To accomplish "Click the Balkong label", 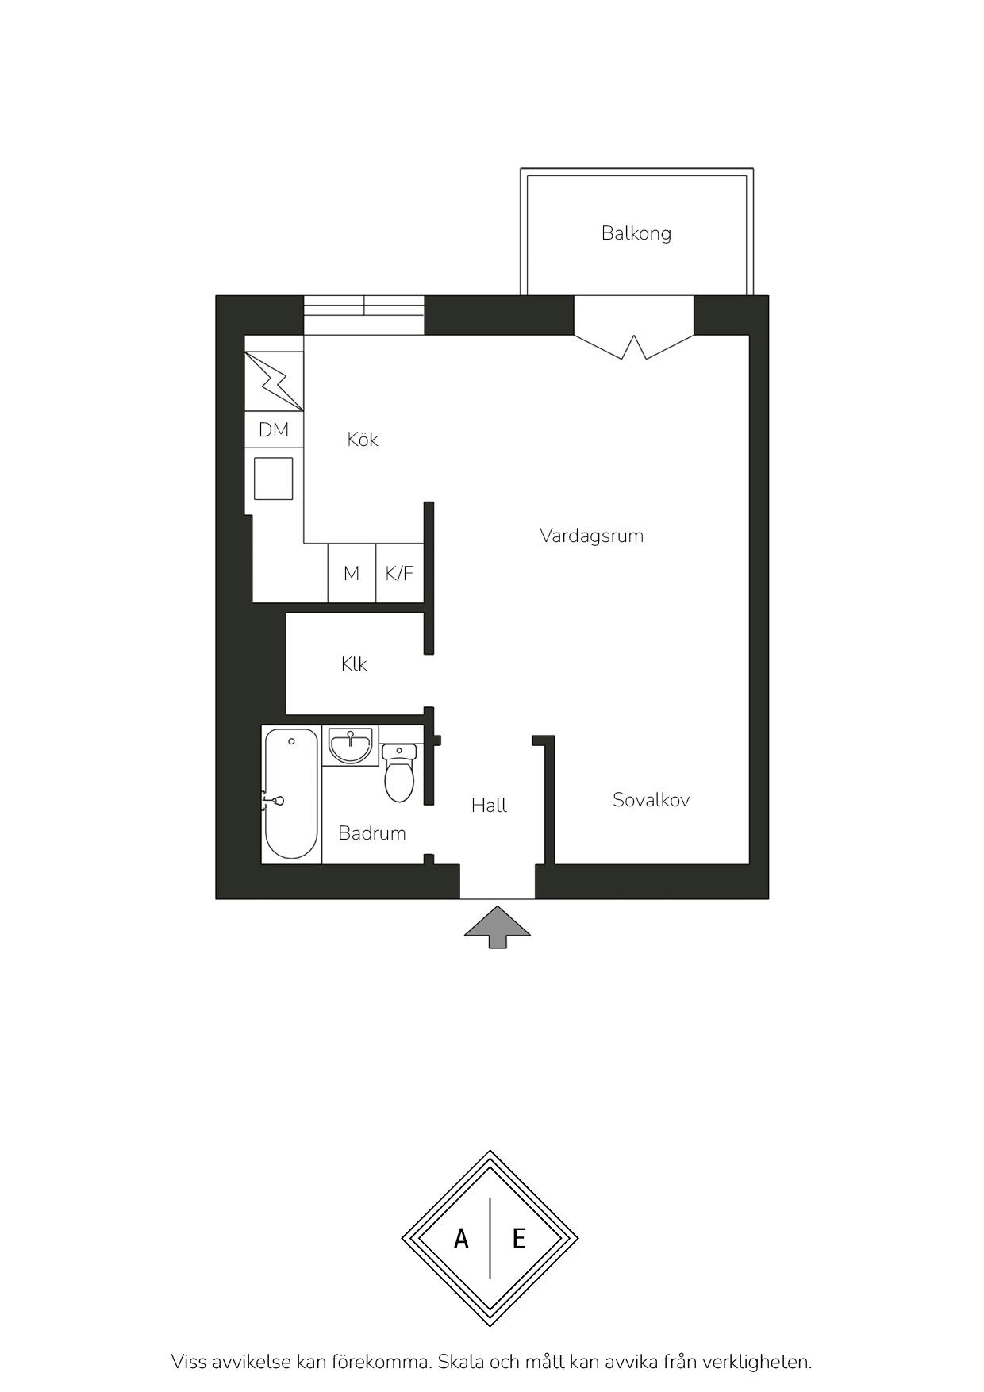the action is click(x=636, y=233).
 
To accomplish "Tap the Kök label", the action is click(x=363, y=439).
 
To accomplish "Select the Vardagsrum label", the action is click(x=591, y=536).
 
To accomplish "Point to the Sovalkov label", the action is click(x=651, y=800).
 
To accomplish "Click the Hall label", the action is click(x=489, y=806).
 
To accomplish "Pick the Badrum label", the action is click(x=372, y=833).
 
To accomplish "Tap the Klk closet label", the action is click(x=354, y=664).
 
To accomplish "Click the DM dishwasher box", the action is click(x=274, y=430).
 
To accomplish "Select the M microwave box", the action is click(x=352, y=573).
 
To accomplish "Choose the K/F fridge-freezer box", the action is click(x=400, y=573).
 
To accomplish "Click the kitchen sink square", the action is click(x=274, y=479).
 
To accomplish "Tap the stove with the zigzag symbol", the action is click(x=274, y=382).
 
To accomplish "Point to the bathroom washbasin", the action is click(x=350, y=746).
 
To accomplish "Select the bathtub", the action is click(x=291, y=794).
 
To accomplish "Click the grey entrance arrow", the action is click(x=498, y=927).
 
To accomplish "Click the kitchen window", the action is click(x=364, y=315).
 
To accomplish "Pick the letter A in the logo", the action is click(x=461, y=1238).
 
